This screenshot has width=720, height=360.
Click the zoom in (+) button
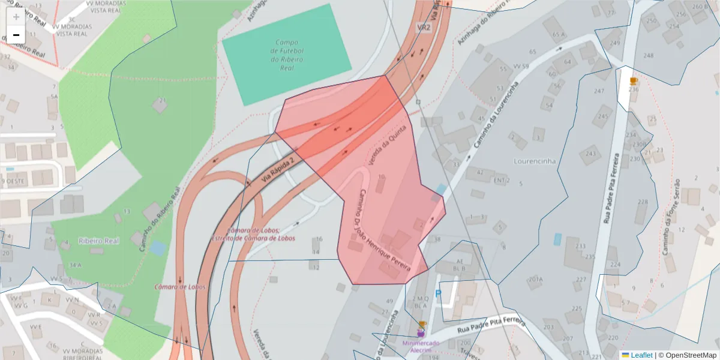pos(16,17)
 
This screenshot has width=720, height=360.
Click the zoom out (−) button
pos(16,35)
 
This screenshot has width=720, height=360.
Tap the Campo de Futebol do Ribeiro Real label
pos(287,55)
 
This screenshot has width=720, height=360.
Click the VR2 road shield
pos(424,28)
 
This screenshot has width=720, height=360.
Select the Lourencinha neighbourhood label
pos(535,161)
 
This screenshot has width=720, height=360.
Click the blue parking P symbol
pos(438,293)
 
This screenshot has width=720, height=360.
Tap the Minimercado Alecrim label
pos(421,346)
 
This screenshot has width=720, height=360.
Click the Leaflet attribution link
pos(641,355)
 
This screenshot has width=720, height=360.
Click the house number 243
pos(591,154)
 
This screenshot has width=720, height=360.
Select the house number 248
pos(648,56)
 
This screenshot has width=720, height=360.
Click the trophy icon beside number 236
pos(633,81)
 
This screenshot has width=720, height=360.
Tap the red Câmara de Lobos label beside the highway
pos(180,287)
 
